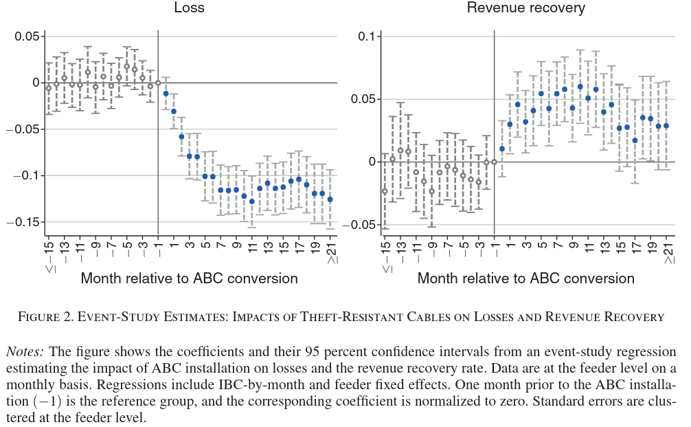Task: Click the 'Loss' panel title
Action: (x=189, y=8)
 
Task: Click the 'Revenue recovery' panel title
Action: (x=525, y=8)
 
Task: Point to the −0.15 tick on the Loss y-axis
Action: (x=23, y=222)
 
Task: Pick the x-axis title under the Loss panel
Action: (x=189, y=278)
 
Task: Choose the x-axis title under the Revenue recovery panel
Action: (x=525, y=278)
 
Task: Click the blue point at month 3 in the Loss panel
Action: (x=181, y=136)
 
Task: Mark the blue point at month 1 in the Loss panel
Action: (x=166, y=94)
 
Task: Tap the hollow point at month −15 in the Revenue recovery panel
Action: (x=385, y=191)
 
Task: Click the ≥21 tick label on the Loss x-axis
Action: (x=330, y=254)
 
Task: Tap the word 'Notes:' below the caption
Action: (x=24, y=351)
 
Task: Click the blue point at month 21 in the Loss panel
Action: (x=330, y=199)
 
